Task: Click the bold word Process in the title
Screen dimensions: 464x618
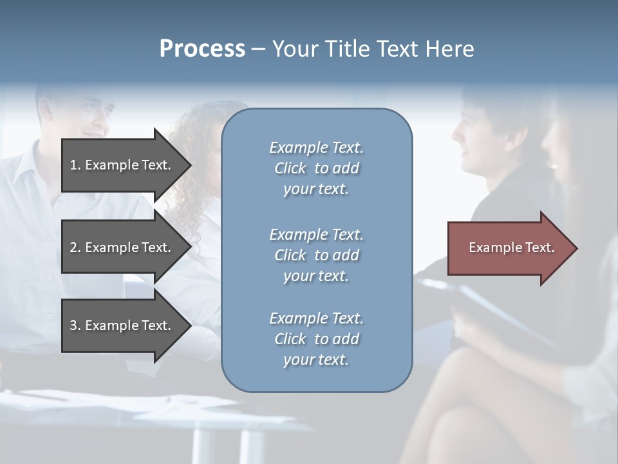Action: point(202,49)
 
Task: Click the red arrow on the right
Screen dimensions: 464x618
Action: point(509,248)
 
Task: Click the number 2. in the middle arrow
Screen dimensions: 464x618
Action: point(75,247)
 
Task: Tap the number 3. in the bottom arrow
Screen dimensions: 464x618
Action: point(75,325)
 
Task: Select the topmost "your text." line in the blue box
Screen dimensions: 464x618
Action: point(316,189)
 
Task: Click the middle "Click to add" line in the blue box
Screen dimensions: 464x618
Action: point(316,255)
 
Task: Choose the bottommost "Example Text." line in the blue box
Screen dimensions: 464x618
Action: point(316,318)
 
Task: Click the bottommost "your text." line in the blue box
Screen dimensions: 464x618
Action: point(316,360)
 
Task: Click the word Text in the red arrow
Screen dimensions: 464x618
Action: point(540,247)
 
